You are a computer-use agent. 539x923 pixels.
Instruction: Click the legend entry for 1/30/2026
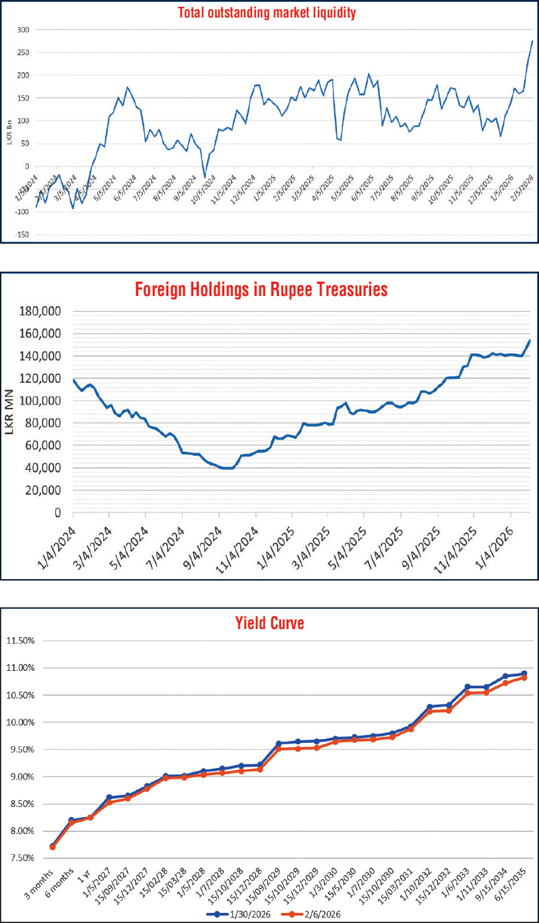[x=239, y=912]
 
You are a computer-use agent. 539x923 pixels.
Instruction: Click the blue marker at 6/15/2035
[x=524, y=674]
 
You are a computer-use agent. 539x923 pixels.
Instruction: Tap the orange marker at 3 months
[x=53, y=847]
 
